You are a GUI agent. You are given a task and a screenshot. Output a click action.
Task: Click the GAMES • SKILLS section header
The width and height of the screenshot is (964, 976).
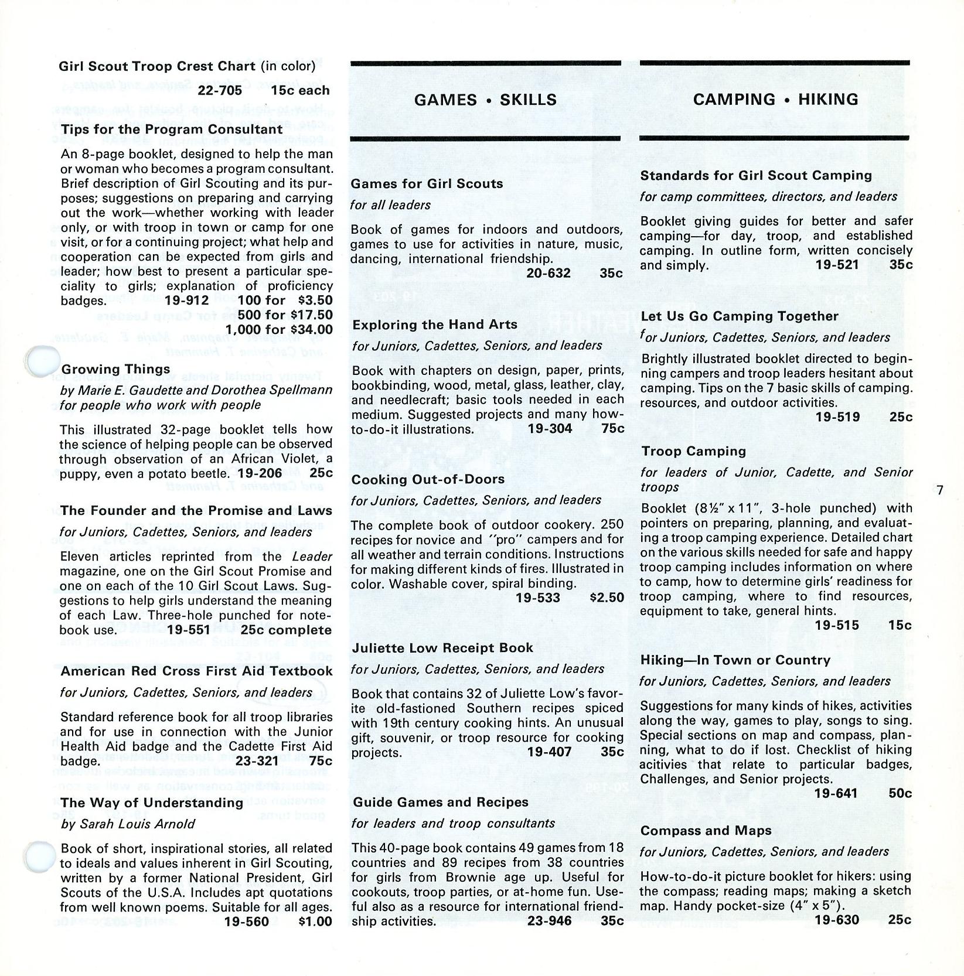pyautogui.click(x=485, y=100)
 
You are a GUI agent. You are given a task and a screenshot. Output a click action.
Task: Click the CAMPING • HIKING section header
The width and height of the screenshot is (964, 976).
pyautogui.click(x=775, y=99)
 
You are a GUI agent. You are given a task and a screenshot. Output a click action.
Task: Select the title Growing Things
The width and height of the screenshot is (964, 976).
pyautogui.click(x=115, y=369)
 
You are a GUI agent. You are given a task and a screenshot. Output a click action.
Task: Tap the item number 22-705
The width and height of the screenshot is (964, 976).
pyautogui.click(x=220, y=90)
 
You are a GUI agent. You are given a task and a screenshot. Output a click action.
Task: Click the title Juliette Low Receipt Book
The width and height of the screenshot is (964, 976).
pyautogui.click(x=442, y=647)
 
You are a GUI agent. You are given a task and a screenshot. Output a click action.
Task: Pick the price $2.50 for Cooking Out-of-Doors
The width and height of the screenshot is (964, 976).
pyautogui.click(x=607, y=598)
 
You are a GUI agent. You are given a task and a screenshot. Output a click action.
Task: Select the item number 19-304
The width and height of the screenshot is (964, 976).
pyautogui.click(x=550, y=428)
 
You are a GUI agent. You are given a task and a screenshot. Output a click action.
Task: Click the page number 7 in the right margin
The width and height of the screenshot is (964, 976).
pyautogui.click(x=939, y=490)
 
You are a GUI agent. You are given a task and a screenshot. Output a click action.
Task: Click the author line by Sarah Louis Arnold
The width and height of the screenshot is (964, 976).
pyautogui.click(x=128, y=823)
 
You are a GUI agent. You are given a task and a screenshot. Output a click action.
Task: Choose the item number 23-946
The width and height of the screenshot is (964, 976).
pyautogui.click(x=549, y=920)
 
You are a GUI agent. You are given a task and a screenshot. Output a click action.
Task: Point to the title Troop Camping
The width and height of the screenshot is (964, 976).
pyautogui.click(x=693, y=451)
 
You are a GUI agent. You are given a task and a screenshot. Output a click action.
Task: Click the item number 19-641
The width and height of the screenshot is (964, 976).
pyautogui.click(x=836, y=793)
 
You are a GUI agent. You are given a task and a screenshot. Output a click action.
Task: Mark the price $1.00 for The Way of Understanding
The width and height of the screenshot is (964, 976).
pyautogui.click(x=315, y=921)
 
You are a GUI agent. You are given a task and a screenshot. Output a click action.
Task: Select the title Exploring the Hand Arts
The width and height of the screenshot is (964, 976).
pyautogui.click(x=435, y=324)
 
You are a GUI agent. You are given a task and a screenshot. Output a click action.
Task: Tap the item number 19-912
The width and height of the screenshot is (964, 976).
pyautogui.click(x=187, y=300)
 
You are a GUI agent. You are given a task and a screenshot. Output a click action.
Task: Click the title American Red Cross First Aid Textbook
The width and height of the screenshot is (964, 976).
pyautogui.click(x=196, y=671)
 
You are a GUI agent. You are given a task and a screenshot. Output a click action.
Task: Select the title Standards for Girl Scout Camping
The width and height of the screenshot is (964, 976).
pyautogui.click(x=756, y=175)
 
